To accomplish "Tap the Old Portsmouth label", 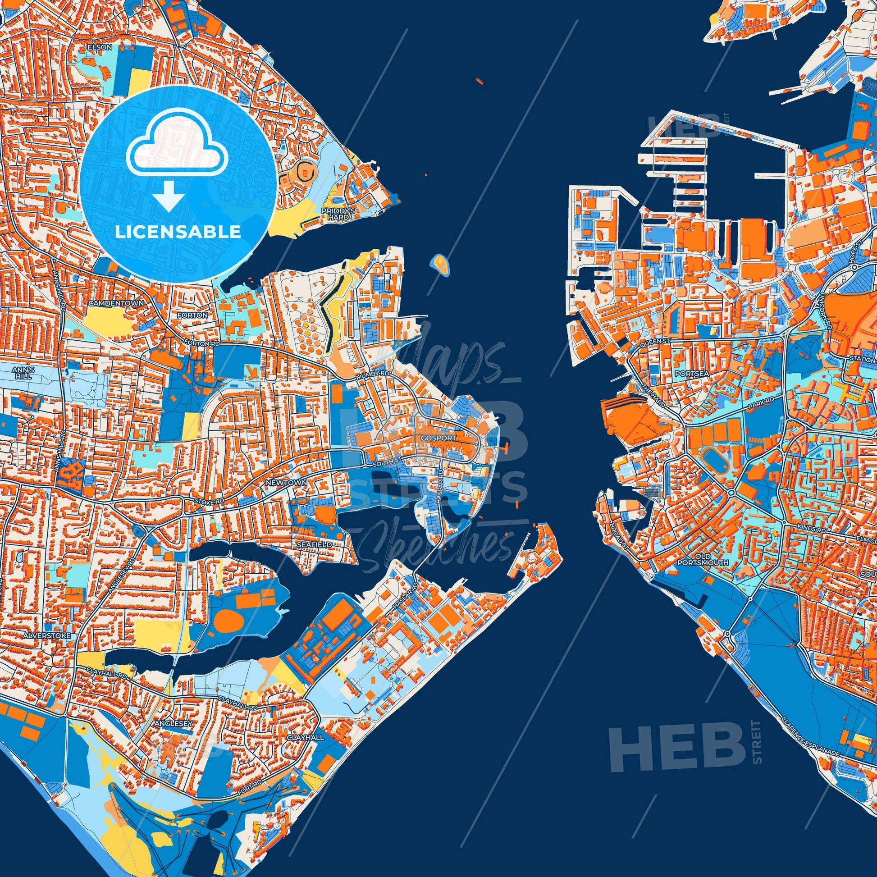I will [x=708, y=559].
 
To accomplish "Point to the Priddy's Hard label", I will [x=334, y=214].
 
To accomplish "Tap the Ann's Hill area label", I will [x=21, y=373].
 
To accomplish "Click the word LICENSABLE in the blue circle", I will [x=178, y=232].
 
